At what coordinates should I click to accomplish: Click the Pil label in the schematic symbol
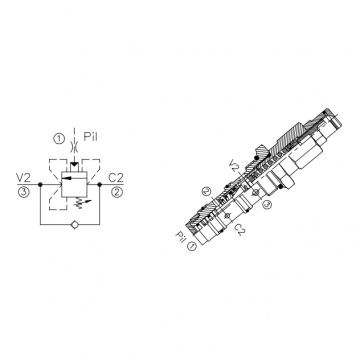click(x=90, y=137)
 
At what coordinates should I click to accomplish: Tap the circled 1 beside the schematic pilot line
click(x=59, y=139)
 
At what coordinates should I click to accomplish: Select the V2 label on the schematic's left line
click(x=24, y=178)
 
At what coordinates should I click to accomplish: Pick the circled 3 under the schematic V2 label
click(x=24, y=193)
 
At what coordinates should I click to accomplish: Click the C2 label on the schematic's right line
click(x=116, y=178)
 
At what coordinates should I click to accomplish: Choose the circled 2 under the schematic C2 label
click(x=116, y=193)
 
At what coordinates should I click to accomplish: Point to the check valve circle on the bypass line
click(x=75, y=225)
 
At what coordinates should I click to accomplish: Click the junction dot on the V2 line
click(x=40, y=184)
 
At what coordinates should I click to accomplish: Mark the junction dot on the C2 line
click(x=99, y=184)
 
